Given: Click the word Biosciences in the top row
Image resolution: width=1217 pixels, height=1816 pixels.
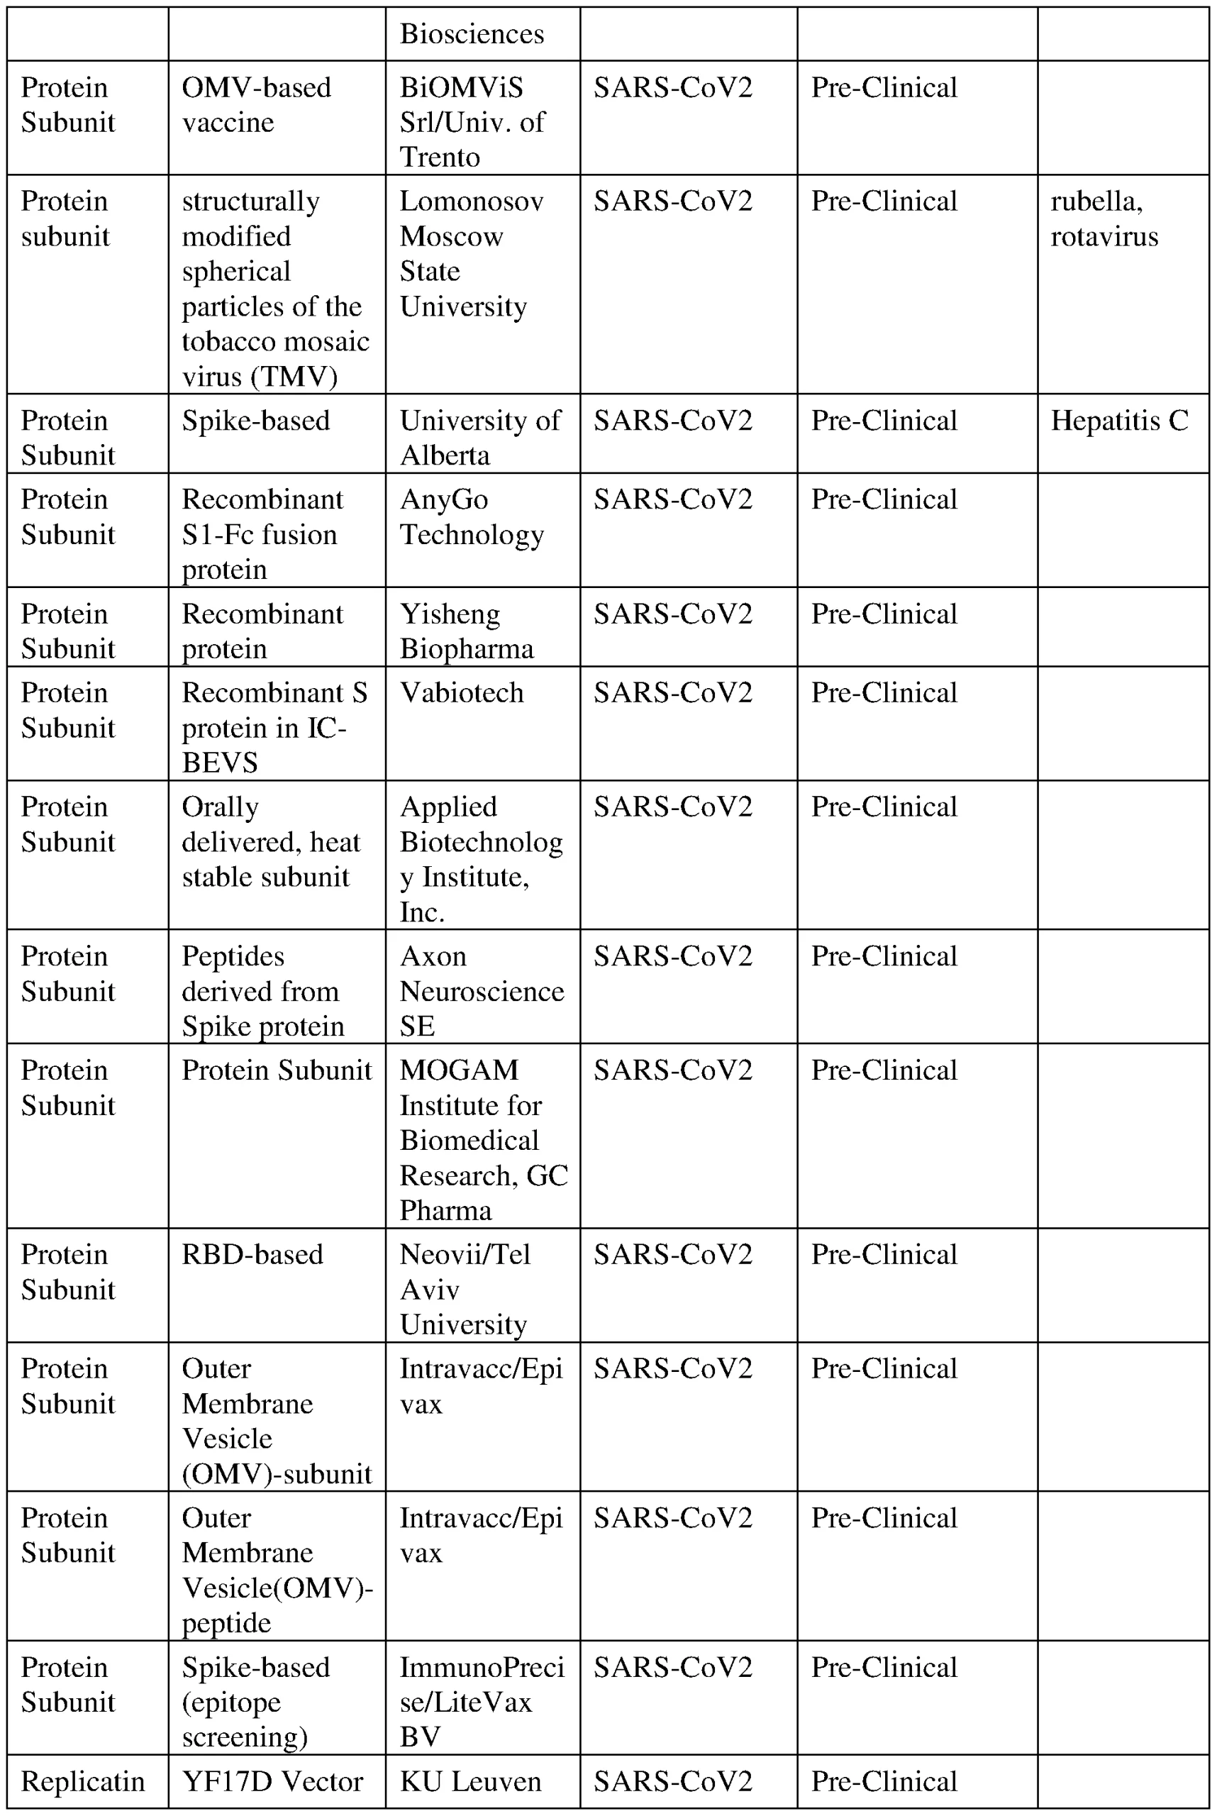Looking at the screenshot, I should [x=471, y=34].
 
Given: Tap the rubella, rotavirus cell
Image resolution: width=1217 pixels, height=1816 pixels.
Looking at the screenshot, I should [x=1104, y=219].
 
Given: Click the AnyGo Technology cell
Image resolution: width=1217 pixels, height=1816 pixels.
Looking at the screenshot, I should [x=471, y=517].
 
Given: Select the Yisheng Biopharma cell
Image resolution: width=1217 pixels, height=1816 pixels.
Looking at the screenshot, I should [x=467, y=631].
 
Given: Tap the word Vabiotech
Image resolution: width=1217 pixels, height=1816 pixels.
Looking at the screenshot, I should [x=462, y=692].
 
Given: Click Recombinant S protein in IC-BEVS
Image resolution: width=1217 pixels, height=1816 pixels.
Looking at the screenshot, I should [x=274, y=728].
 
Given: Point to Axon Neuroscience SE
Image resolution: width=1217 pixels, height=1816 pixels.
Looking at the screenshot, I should [x=482, y=991].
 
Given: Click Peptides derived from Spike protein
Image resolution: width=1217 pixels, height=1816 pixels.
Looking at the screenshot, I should [x=262, y=991].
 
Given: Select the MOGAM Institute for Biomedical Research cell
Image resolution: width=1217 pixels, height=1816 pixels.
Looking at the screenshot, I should [x=483, y=1140].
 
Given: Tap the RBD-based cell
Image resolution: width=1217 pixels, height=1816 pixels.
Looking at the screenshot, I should [x=252, y=1255].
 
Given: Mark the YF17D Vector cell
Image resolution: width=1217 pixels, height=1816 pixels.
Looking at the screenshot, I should [x=272, y=1782].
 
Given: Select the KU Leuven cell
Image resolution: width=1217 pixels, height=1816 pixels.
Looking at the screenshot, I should [x=470, y=1782].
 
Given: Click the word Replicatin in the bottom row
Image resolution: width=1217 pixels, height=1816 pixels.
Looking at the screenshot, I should [x=83, y=1782].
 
